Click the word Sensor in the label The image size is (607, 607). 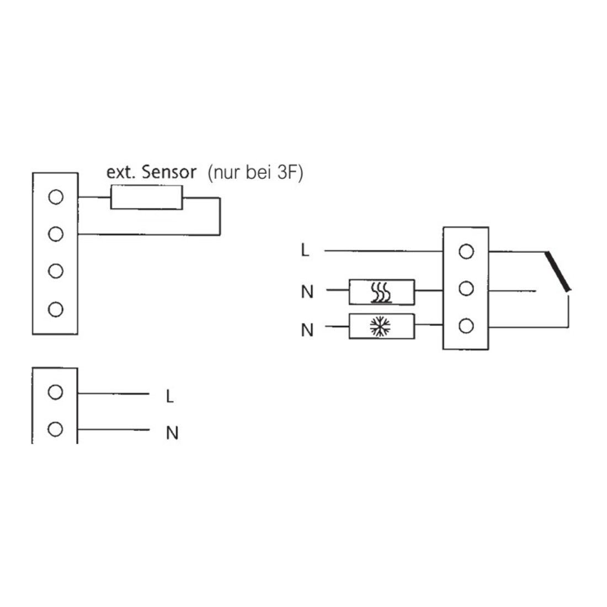[169, 172]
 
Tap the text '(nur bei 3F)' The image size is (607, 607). [255, 173]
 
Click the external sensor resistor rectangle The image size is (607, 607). [146, 198]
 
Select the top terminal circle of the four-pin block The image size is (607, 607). [56, 197]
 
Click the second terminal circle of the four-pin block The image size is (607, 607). [56, 234]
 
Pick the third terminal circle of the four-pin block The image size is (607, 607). [56, 271]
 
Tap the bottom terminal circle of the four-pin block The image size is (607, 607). [56, 310]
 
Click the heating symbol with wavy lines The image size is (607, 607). [381, 292]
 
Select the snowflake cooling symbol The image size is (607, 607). [380, 326]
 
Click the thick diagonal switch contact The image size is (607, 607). [558, 271]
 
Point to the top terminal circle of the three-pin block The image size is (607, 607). [466, 252]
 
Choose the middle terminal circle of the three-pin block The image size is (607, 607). [466, 289]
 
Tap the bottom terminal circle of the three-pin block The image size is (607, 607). [466, 326]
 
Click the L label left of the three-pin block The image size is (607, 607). [305, 251]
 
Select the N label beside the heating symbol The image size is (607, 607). [307, 291]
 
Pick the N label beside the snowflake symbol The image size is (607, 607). [307, 330]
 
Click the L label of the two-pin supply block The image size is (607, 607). [169, 396]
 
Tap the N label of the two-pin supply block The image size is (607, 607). [172, 433]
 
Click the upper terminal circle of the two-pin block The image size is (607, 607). [55, 392]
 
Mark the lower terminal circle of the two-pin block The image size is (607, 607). [55, 429]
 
